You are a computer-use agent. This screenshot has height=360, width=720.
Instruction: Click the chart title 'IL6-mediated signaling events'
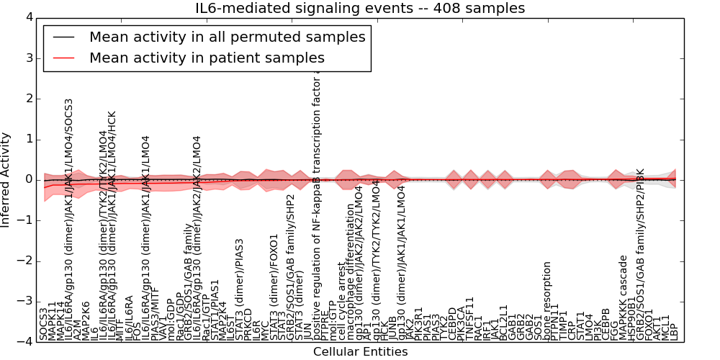(360, 9)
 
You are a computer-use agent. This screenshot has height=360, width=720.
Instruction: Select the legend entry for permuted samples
(227, 37)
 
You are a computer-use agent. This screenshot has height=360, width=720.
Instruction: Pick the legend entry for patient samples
(207, 58)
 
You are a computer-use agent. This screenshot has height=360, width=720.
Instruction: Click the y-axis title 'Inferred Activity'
(6, 180)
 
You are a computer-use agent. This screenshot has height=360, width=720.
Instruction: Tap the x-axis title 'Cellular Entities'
(360, 352)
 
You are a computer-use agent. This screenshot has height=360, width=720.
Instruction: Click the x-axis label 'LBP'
(675, 330)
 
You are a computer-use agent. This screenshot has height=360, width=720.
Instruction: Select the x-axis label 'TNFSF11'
(470, 319)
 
